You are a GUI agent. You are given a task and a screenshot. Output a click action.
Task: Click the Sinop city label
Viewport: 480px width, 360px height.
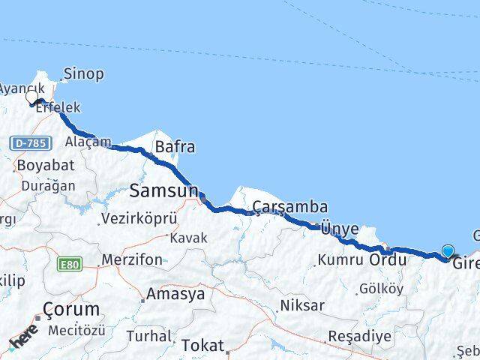pos(84,74)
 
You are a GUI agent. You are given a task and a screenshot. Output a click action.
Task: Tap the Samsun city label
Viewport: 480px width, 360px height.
pos(163,191)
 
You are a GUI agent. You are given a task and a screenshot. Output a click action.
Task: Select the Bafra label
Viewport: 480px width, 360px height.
pos(175,147)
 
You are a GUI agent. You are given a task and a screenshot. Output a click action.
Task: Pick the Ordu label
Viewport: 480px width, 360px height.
pos(388,260)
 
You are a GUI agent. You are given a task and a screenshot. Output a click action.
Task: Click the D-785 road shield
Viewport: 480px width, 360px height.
pos(29,142)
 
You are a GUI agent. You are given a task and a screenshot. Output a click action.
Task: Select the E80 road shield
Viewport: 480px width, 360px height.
pos(70,263)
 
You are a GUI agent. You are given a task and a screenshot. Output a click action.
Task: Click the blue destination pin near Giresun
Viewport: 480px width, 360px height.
pos(448,253)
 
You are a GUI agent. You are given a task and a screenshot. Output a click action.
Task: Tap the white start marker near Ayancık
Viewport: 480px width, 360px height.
pos(31,97)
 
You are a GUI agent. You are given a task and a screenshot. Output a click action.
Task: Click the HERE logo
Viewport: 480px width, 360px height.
pos(24,341)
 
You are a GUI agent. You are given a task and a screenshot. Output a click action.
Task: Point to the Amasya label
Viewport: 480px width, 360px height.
pos(175,294)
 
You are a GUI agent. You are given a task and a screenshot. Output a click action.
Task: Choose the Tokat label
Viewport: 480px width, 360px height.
pos(202,346)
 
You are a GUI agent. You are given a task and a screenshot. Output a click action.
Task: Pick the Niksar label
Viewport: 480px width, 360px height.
pos(301,305)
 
